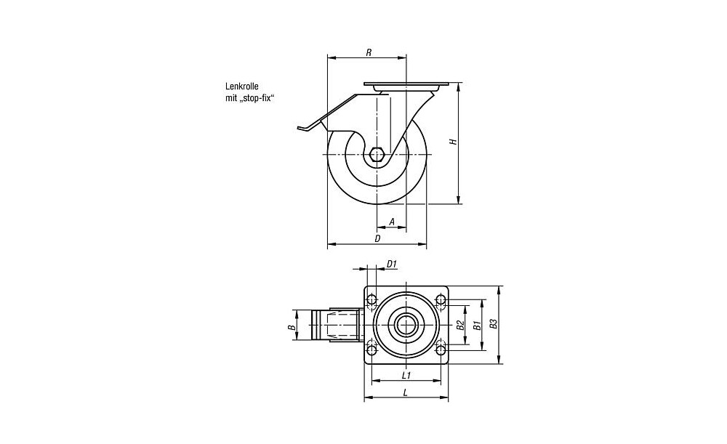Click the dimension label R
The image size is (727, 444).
click(369, 52)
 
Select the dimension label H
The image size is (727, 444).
click(454, 142)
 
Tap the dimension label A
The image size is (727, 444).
click(392, 222)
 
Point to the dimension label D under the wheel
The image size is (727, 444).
click(378, 238)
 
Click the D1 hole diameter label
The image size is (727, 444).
click(392, 265)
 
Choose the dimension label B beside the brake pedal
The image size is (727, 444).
click(292, 327)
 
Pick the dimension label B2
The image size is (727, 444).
click(460, 325)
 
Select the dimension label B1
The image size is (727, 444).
click(476, 325)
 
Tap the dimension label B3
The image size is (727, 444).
click(494, 323)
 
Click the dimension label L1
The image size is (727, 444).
click(406, 375)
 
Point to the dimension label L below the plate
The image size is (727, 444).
click(406, 392)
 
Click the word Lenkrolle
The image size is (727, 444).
click(241, 86)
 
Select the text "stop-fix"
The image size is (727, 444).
click(256, 98)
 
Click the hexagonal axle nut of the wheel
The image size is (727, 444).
click(377, 153)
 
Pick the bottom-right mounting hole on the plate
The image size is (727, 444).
click(441, 350)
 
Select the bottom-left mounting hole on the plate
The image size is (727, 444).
click(371, 350)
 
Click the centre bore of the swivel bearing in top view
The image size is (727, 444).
click(406, 324)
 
